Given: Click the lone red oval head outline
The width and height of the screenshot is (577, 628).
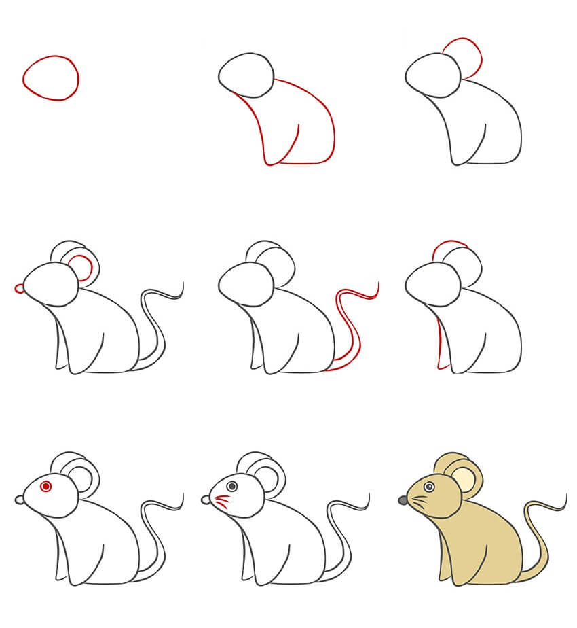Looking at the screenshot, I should tap(50, 78).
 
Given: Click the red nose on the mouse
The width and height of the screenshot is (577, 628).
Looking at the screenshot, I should tap(20, 289).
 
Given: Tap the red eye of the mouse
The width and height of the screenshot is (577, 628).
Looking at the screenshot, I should tap(46, 486).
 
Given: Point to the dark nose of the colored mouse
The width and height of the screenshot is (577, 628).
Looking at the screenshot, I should tap(403, 500).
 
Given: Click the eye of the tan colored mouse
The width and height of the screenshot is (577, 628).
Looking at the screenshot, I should tap(429, 486).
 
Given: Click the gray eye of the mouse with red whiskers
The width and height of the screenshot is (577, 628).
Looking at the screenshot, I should tap(232, 486).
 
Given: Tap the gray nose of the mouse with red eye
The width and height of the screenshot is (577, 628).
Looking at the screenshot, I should tap(18, 500).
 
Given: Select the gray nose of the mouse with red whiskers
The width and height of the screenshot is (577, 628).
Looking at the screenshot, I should tap(205, 500).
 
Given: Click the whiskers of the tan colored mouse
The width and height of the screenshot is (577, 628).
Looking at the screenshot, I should tap(419, 504).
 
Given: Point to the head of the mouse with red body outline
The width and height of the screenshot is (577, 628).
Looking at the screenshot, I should tap(246, 73).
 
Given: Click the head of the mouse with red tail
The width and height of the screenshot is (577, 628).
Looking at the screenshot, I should tap(248, 284).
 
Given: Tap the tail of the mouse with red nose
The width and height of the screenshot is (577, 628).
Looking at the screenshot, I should tap(157, 326).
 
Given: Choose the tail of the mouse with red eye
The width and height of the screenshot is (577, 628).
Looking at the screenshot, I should tap(157, 537).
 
